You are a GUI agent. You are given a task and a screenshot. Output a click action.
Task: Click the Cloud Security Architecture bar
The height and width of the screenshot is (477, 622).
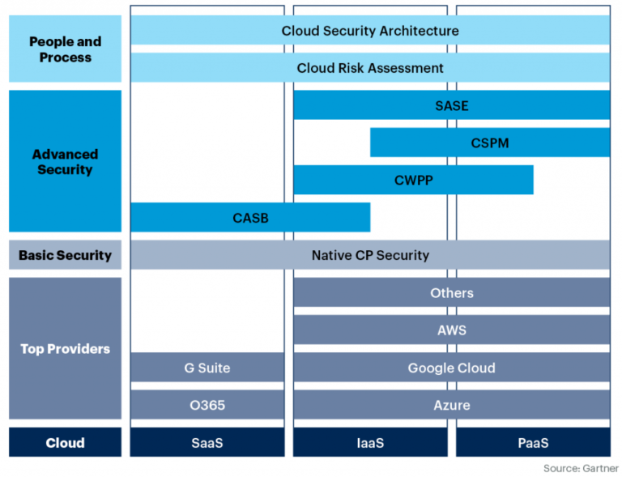[370, 31]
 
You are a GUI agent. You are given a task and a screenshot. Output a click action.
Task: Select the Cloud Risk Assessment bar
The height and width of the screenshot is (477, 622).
[370, 68]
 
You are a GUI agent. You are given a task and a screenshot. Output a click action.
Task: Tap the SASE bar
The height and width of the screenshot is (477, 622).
[451, 105]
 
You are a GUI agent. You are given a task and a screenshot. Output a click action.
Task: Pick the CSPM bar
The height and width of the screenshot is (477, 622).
[489, 143]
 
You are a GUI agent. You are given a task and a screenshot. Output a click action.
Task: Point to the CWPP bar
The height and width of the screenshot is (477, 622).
[413, 180]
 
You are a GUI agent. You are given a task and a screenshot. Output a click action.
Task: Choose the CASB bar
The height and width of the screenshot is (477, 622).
[250, 218]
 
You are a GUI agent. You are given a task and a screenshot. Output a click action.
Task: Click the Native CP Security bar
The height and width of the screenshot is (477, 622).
[370, 255]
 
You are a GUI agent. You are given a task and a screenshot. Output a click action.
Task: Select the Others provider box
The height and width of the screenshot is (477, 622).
[451, 292]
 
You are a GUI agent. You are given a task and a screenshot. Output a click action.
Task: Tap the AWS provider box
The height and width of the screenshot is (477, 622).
[451, 330]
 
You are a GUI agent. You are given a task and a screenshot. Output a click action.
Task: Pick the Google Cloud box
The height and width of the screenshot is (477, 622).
[451, 367]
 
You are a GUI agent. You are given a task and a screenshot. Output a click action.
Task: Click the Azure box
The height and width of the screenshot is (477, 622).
[451, 404]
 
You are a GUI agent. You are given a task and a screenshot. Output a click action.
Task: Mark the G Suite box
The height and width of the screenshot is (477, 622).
[207, 367]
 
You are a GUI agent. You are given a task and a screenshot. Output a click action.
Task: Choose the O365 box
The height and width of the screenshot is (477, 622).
[207, 404]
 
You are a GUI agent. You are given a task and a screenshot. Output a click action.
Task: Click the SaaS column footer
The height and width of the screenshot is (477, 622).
[207, 442]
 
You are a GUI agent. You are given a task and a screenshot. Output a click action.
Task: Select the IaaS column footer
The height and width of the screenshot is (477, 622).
[370, 442]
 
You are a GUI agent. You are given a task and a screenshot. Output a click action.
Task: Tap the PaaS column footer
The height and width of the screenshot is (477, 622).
[533, 442]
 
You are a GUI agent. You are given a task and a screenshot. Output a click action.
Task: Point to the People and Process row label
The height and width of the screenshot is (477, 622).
[65, 49]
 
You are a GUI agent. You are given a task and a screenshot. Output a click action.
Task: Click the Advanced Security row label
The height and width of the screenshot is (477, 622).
[65, 161]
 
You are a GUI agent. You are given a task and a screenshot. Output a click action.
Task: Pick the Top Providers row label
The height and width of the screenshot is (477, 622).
[65, 348]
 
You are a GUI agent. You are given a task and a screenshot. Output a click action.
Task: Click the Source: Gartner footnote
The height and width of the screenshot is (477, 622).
[581, 468]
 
